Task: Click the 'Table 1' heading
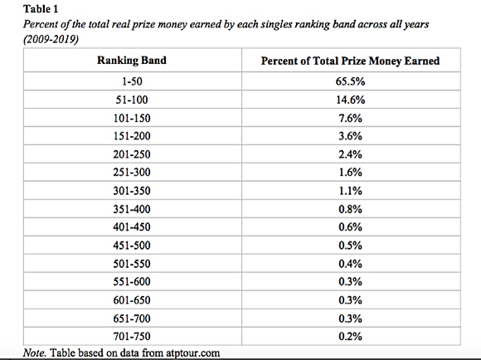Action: (41, 8)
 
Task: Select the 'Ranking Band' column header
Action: (132, 61)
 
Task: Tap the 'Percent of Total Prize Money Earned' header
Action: (350, 61)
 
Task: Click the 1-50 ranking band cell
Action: (132, 81)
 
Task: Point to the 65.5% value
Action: (350, 81)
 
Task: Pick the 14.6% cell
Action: (350, 100)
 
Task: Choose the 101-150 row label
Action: (132, 118)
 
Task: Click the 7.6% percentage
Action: (350, 118)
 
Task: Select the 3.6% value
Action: (350, 136)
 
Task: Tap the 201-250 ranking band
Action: (132, 154)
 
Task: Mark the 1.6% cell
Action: (350, 173)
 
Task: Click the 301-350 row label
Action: (132, 191)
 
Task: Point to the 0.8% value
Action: (350, 209)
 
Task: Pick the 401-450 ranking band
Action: (132, 227)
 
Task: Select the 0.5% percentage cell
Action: (350, 246)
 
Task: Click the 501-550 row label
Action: (132, 264)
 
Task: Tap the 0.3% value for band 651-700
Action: (350, 319)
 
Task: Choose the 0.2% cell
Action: (350, 337)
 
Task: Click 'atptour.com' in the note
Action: (193, 353)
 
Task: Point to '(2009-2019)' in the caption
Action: (51, 39)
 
